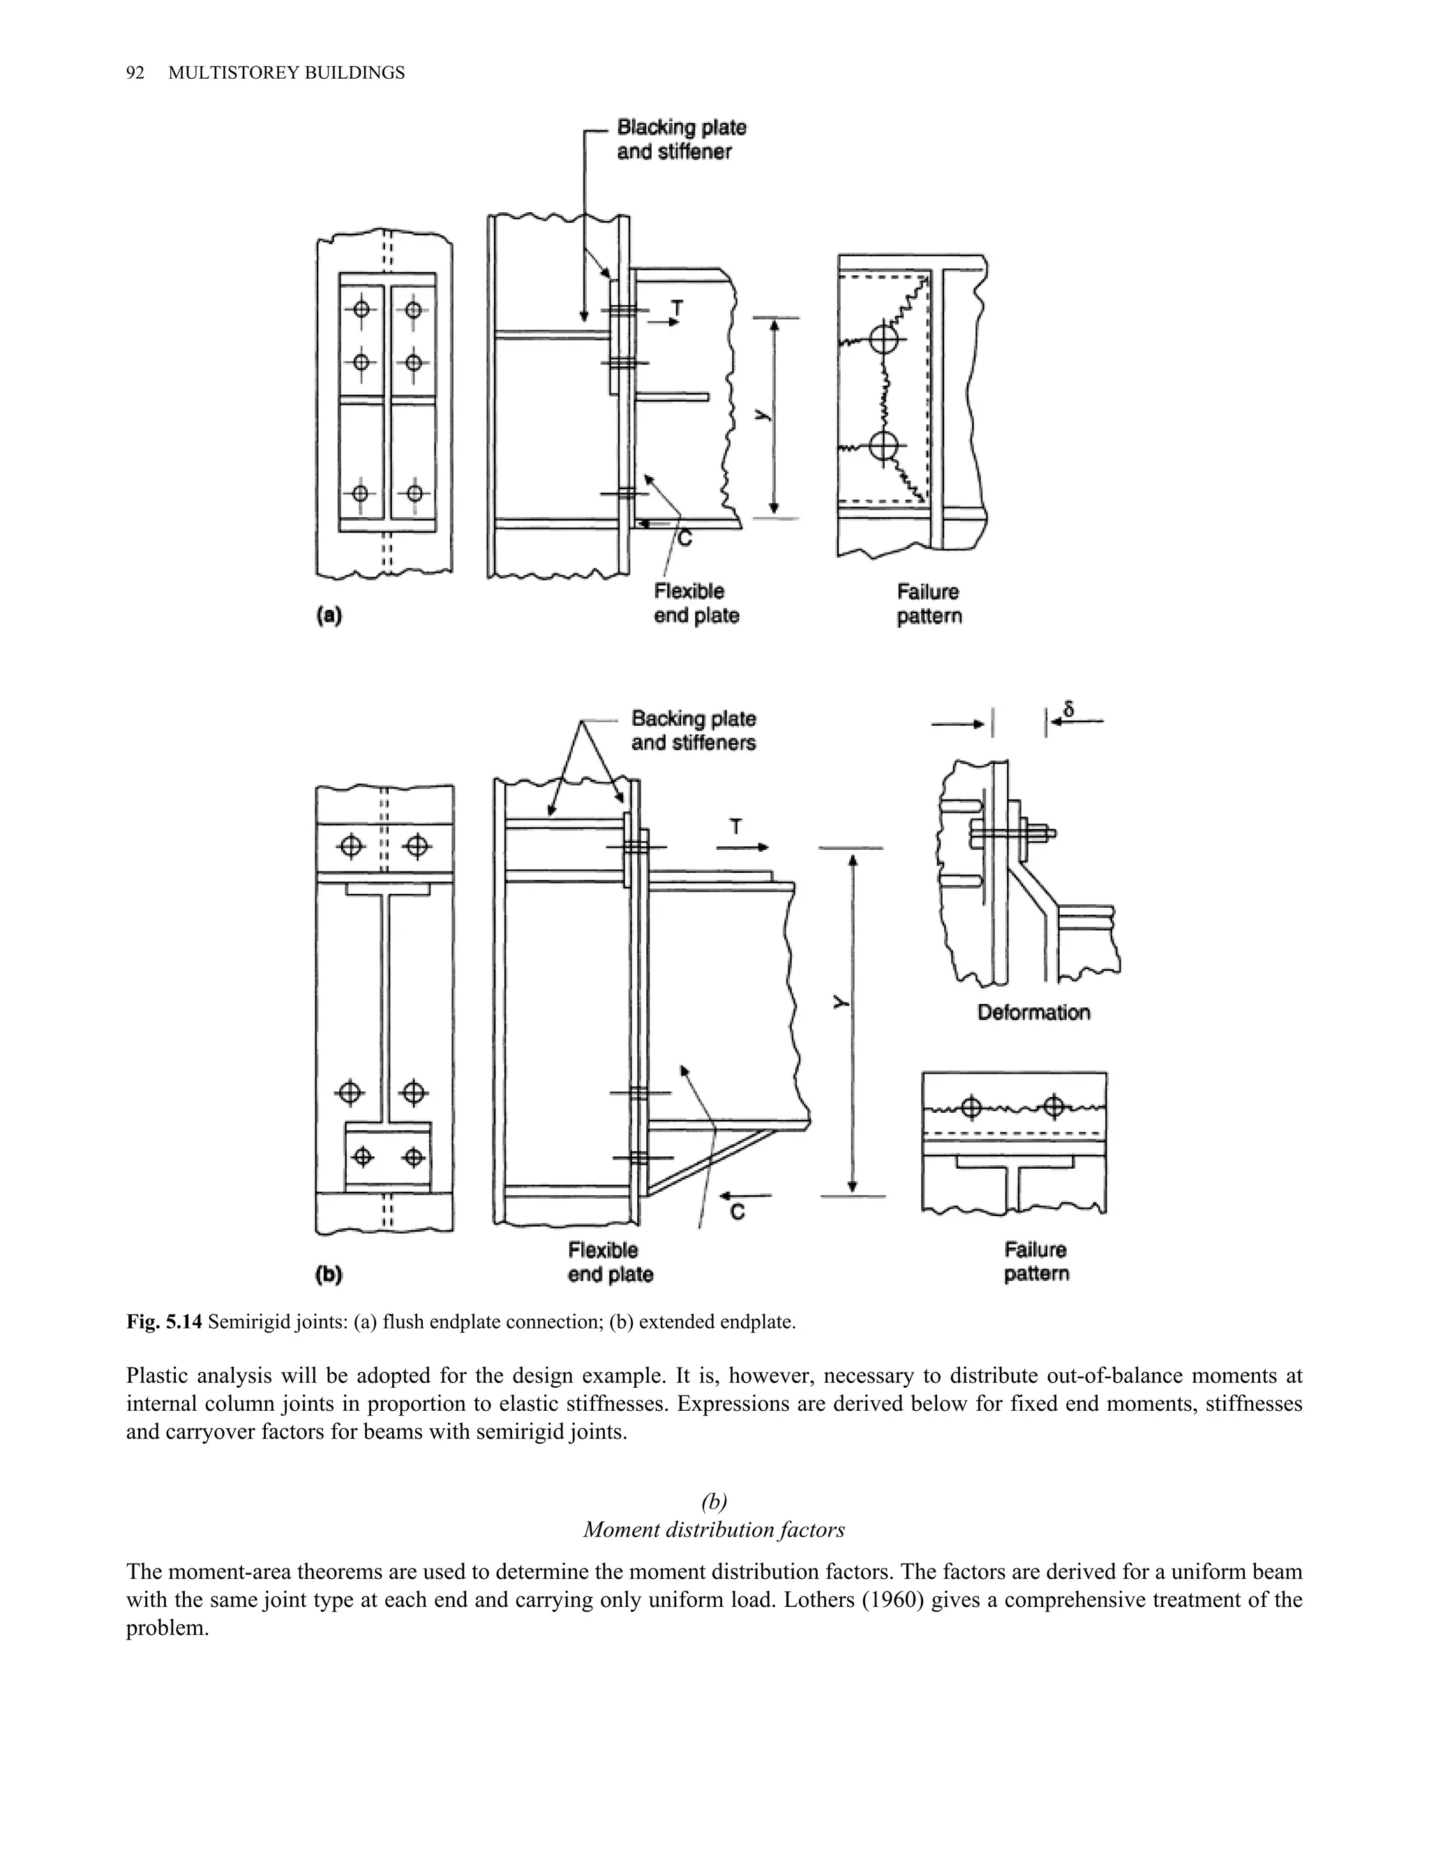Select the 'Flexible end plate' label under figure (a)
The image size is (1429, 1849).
696,603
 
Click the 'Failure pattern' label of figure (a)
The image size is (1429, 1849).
929,604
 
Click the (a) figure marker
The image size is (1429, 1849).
329,615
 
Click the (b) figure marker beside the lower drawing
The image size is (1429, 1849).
328,1274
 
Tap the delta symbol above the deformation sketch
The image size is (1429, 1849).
1068,710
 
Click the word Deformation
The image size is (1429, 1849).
1033,1012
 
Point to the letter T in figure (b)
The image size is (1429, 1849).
735,827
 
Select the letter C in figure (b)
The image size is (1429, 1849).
737,1213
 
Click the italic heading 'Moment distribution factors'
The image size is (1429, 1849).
714,1530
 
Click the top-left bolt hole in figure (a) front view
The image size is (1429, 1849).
361,309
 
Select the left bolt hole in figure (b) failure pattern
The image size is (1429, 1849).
971,1107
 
